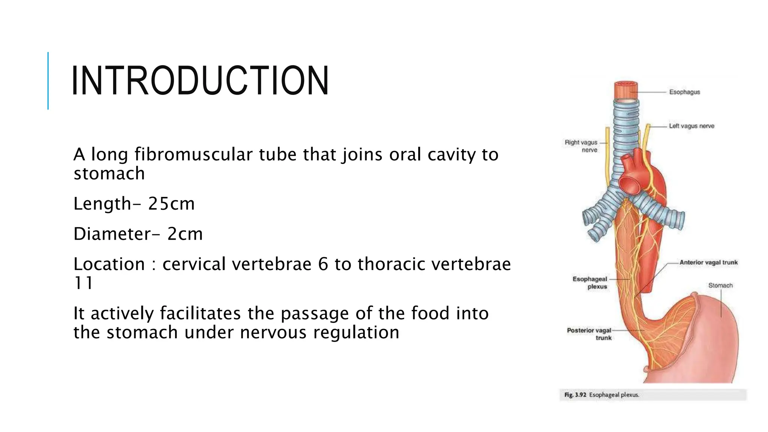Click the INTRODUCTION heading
point(200,81)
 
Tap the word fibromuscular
point(193,154)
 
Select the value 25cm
point(171,204)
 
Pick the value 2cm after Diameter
point(185,234)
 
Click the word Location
point(109,264)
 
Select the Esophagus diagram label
point(684,92)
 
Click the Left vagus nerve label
point(691,126)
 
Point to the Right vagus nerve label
point(582,146)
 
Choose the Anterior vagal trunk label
point(708,262)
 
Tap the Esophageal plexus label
point(590,283)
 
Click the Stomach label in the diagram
point(720,285)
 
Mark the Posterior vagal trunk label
point(589,334)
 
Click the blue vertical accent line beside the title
point(48,81)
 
